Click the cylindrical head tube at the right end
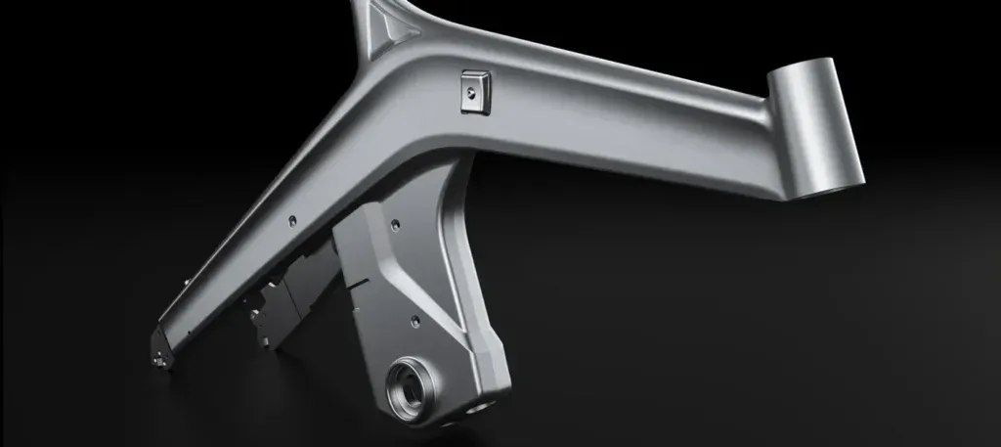pyautogui.click(x=814, y=127)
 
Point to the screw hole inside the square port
pyautogui.click(x=473, y=91)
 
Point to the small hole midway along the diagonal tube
pyautogui.click(x=293, y=221)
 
